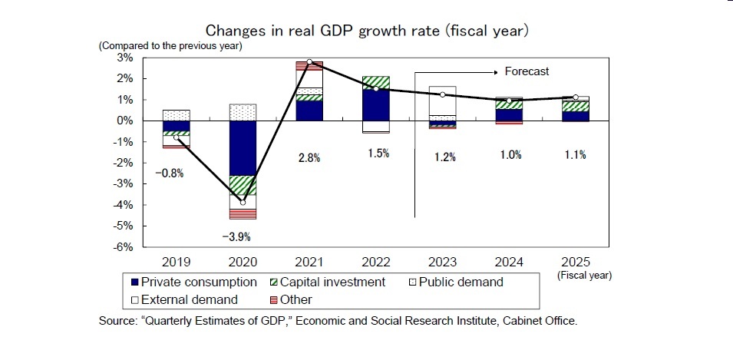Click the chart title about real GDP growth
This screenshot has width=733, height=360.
point(367,31)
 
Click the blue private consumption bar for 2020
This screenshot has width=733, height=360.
point(243,148)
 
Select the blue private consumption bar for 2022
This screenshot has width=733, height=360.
point(375,104)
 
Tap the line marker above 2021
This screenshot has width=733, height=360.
point(309,61)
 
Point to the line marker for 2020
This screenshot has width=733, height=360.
point(243,202)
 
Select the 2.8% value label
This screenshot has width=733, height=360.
point(309,157)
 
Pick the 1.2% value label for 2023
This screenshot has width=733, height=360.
point(444,157)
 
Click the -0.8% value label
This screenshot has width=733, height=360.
point(169,173)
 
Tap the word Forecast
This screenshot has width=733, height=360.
point(527,71)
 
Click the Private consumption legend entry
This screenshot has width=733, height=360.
point(198,282)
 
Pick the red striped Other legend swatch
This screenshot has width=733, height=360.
point(274,300)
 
